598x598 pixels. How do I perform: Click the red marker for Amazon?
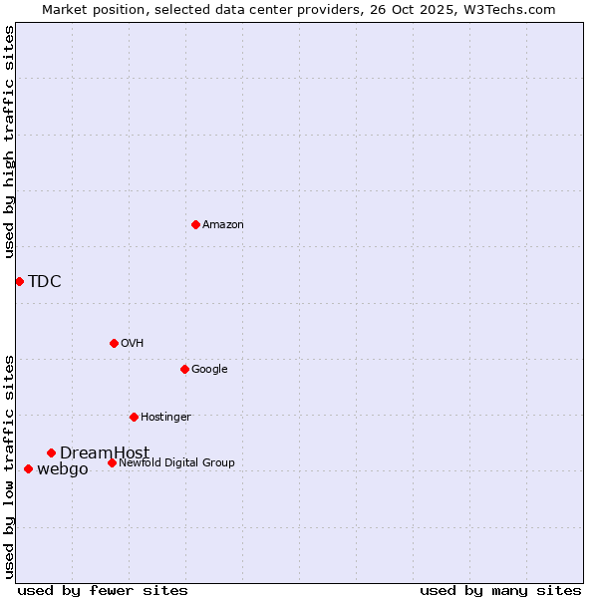pyautogui.click(x=195, y=224)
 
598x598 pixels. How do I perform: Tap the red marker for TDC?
pyautogui.click(x=19, y=281)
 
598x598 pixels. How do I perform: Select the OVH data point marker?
pyautogui.click(x=114, y=343)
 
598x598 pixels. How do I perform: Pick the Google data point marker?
pyautogui.click(x=184, y=369)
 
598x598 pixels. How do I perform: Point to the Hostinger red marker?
pyautogui.click(x=134, y=417)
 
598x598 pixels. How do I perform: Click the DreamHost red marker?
pyautogui.click(x=51, y=452)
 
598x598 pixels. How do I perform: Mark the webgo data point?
pyautogui.click(x=28, y=468)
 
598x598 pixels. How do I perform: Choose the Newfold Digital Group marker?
pyautogui.click(x=112, y=462)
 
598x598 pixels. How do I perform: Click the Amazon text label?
pyautogui.click(x=223, y=225)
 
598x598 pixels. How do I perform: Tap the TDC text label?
pyautogui.click(x=45, y=281)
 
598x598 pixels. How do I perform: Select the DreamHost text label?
pyautogui.click(x=105, y=453)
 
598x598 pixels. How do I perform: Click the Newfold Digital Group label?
pyautogui.click(x=176, y=462)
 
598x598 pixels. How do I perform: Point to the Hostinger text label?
pyautogui.click(x=165, y=417)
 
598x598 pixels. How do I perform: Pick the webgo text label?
pyautogui.click(x=63, y=469)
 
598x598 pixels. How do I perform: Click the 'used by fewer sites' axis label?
pyautogui.click(x=103, y=590)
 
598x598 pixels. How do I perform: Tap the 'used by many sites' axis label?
pyautogui.click(x=500, y=590)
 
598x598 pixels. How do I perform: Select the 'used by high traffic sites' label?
pyautogui.click(x=9, y=142)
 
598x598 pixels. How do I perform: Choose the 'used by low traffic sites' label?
pyautogui.click(x=9, y=466)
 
